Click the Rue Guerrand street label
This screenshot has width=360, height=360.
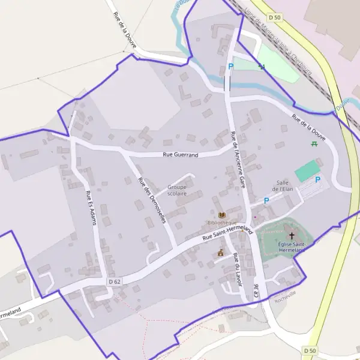[181, 155]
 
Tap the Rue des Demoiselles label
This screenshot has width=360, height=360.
[151, 200]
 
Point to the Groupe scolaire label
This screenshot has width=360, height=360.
[177, 190]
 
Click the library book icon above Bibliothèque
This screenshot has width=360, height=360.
[222, 215]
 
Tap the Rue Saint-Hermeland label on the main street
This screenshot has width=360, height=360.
[228, 233]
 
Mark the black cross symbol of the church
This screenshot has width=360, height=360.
[292, 236]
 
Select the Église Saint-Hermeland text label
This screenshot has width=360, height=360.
[293, 247]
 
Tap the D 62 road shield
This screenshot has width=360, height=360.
[115, 281]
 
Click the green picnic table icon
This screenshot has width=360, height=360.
[314, 144]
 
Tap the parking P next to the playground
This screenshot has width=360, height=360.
[230, 67]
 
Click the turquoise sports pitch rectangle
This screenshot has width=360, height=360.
[308, 169]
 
